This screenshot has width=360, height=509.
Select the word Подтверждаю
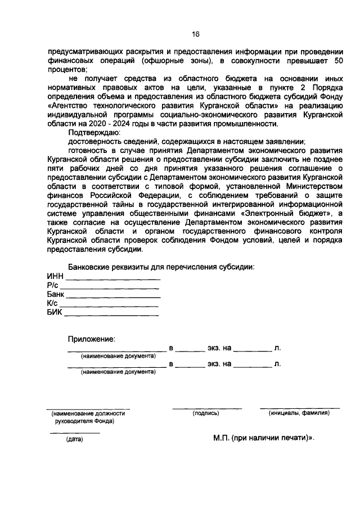pos(90,133)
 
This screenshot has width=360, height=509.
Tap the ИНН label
pos(55,276)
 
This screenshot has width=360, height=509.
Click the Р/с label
pos(53,285)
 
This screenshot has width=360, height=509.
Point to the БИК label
pos(55,312)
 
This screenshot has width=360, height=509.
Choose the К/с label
pos(53,303)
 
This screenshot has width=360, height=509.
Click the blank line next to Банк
pos(112,296)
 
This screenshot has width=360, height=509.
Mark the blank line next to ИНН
pos(113,278)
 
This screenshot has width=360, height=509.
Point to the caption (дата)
pos(74,439)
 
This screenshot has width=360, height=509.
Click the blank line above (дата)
pos(75,432)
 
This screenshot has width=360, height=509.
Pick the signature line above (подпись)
pos(206,407)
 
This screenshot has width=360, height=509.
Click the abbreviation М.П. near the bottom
pos(222,438)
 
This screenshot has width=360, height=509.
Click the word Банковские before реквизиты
pos(94,267)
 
